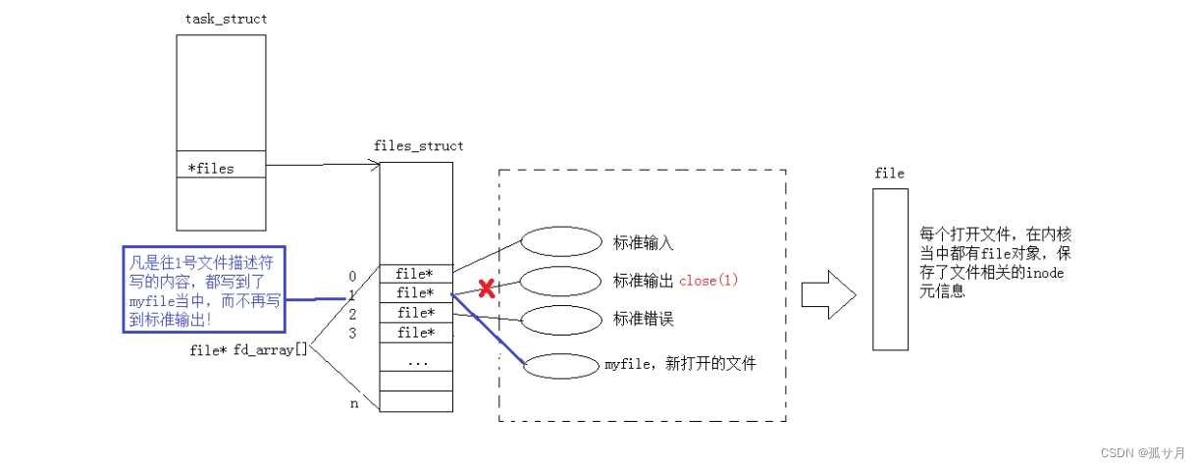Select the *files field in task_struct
pyautogui.click(x=221, y=168)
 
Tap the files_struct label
pyautogui.click(x=418, y=146)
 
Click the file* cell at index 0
pyautogui.click(x=416, y=274)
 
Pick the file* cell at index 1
pyautogui.click(x=416, y=293)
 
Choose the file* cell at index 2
pyautogui.click(x=416, y=313)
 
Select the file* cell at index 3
pyautogui.click(x=416, y=333)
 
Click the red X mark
pyautogui.click(x=485, y=288)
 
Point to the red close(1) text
pyautogui.click(x=708, y=281)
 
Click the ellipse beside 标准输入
pyautogui.click(x=560, y=241)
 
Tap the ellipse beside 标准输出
pyautogui.click(x=560, y=281)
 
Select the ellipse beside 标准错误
pyautogui.click(x=560, y=319)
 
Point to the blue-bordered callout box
pyautogui.click(x=203, y=288)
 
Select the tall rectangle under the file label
pyautogui.click(x=890, y=269)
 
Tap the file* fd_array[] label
pyautogui.click(x=248, y=349)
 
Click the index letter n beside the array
pyautogui.click(x=354, y=403)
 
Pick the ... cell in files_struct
pyautogui.click(x=416, y=360)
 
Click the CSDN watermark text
pyautogui.click(x=1143, y=452)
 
